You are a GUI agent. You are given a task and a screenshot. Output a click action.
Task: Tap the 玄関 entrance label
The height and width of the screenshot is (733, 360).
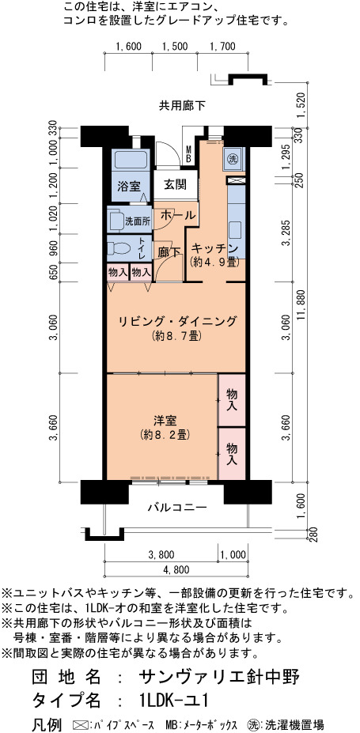click(x=176, y=185)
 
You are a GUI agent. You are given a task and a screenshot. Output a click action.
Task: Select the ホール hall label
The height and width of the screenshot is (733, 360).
click(x=178, y=216)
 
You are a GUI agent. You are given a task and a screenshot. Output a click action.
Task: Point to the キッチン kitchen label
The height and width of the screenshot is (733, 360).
click(x=215, y=248)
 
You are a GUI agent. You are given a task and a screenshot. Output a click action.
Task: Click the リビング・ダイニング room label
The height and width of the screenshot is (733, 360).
click(x=176, y=322)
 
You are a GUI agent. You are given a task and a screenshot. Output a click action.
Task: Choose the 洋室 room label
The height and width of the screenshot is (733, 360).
click(x=164, y=420)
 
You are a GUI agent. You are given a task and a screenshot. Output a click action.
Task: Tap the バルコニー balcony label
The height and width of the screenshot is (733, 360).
click(x=177, y=507)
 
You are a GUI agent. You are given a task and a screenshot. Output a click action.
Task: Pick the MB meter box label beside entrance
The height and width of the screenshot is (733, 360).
click(x=188, y=154)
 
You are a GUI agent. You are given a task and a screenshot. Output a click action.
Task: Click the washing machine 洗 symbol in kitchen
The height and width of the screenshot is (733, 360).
click(x=233, y=158)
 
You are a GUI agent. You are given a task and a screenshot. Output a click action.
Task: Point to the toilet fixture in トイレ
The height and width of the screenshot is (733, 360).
click(x=119, y=247)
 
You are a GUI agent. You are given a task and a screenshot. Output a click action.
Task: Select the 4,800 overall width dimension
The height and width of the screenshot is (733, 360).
click(x=176, y=569)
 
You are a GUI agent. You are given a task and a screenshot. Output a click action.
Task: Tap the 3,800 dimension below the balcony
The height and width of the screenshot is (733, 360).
click(x=161, y=555)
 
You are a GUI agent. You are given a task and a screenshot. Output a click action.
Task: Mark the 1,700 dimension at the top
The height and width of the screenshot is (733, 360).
click(x=222, y=47)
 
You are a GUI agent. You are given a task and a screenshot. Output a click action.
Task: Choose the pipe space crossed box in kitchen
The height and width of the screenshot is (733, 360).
click(x=233, y=180)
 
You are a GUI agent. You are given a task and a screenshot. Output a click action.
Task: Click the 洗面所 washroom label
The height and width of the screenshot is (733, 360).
click(x=138, y=222)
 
